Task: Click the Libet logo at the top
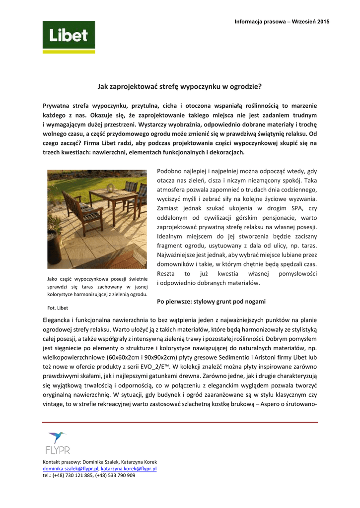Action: click(x=69, y=37)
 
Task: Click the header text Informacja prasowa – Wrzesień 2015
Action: click(x=282, y=21)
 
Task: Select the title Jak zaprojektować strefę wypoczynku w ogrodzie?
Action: click(x=179, y=86)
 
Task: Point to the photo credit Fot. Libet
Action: click(x=58, y=308)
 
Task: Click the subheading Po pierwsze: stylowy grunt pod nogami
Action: click(x=211, y=301)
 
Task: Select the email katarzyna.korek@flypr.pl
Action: click(x=129, y=468)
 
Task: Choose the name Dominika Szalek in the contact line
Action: click(x=101, y=462)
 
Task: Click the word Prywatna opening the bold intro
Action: click(x=57, y=106)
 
